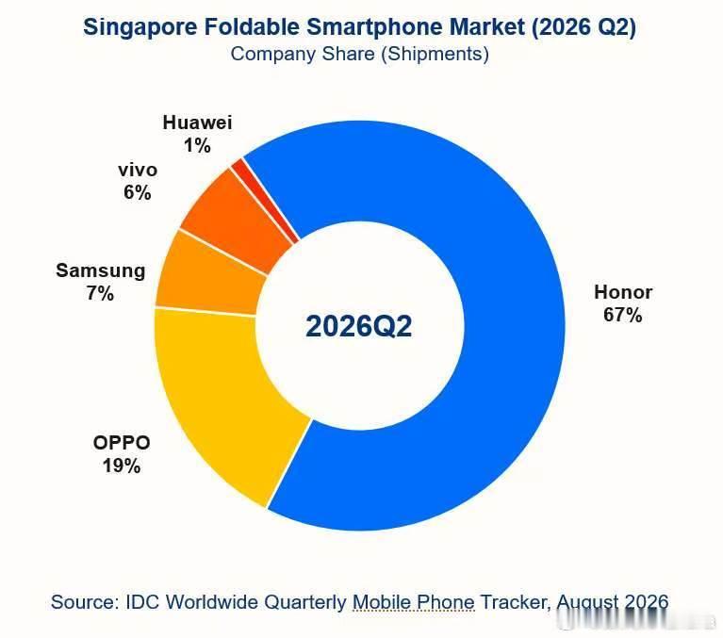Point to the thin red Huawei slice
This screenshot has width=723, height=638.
pos(265,201)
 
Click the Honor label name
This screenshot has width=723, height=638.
pos(623,292)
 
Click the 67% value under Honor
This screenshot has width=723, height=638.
pos(622,316)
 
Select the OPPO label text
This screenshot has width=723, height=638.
pos(122,443)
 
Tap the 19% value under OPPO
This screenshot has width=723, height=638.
pos(122,466)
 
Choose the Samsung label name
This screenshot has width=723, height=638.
pos(101,271)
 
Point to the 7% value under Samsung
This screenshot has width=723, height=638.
pos(100,294)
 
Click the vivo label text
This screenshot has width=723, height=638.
pos(138,171)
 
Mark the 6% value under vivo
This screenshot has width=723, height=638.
pos(138,192)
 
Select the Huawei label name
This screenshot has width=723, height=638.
pos(197,123)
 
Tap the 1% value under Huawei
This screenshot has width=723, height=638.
pos(197,146)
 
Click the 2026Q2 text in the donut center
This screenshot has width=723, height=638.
pos(359,326)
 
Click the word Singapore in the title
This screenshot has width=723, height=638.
pos(140,27)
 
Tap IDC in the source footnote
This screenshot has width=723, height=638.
pos(143,602)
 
